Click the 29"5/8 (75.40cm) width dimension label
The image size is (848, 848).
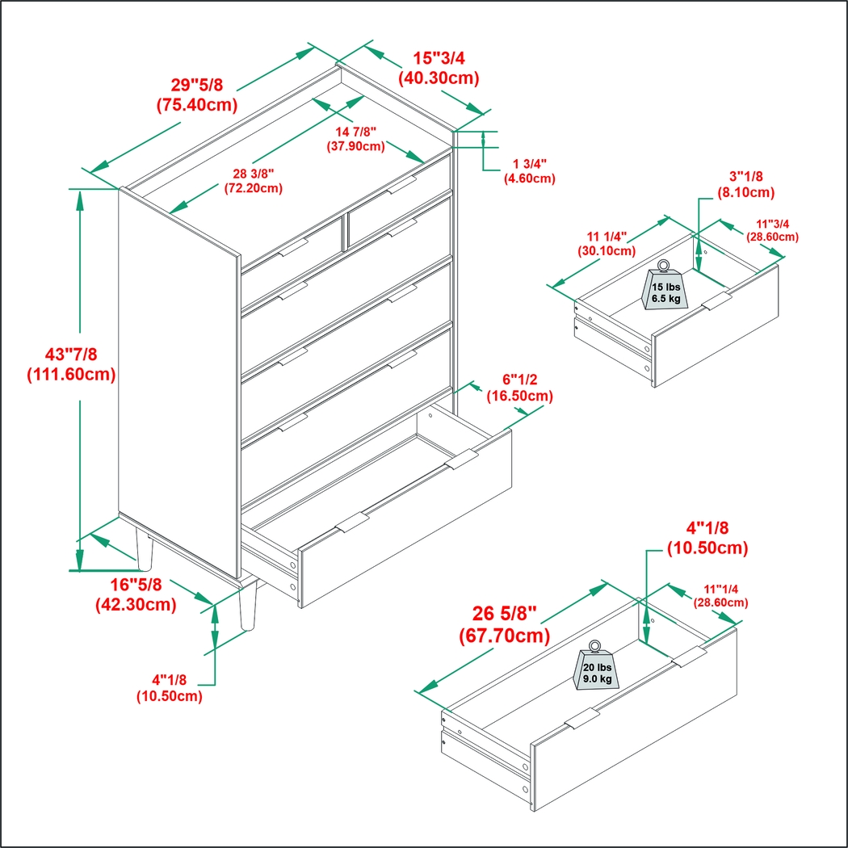click(x=195, y=94)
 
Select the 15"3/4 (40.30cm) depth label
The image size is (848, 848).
click(x=439, y=69)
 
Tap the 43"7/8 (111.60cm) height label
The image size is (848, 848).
click(x=71, y=364)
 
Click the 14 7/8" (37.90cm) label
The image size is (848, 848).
click(x=355, y=139)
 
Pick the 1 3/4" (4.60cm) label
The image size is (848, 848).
click(x=529, y=171)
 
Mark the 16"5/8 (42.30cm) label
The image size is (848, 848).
click(x=136, y=594)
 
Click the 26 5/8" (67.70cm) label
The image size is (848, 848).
click(x=504, y=625)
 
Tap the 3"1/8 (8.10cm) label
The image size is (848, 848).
click(x=745, y=184)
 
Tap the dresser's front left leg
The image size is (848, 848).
click(x=145, y=550)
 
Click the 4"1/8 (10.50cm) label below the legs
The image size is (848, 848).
click(x=169, y=688)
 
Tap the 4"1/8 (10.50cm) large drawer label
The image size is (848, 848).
click(x=707, y=538)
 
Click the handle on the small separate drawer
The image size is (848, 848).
click(x=716, y=302)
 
